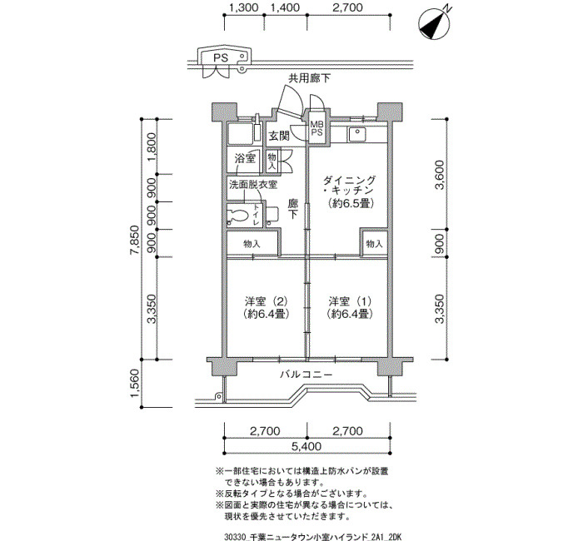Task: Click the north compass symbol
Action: pyautogui.click(x=434, y=24)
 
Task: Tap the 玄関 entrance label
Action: pyautogui.click(x=279, y=136)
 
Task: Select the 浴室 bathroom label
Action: pyautogui.click(x=245, y=159)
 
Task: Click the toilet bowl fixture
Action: pyautogui.click(x=239, y=215)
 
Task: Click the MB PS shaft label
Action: pyautogui.click(x=316, y=129)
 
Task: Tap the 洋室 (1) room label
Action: pyautogui.click(x=350, y=307)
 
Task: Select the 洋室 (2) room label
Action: pyautogui.click(x=267, y=307)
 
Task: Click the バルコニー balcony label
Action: pyautogui.click(x=306, y=375)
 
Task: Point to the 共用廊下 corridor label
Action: pyautogui.click(x=310, y=78)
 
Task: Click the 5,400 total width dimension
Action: pyautogui.click(x=306, y=446)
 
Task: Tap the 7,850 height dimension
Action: pyautogui.click(x=135, y=240)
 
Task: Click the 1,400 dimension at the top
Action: pyautogui.click(x=285, y=7)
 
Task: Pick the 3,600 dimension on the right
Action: pyautogui.click(x=440, y=175)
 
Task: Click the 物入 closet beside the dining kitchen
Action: pyautogui.click(x=374, y=244)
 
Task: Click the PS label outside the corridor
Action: pyautogui.click(x=221, y=58)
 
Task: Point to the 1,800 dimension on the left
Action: pyautogui.click(x=152, y=146)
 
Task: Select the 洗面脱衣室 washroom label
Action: pyautogui.click(x=253, y=184)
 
